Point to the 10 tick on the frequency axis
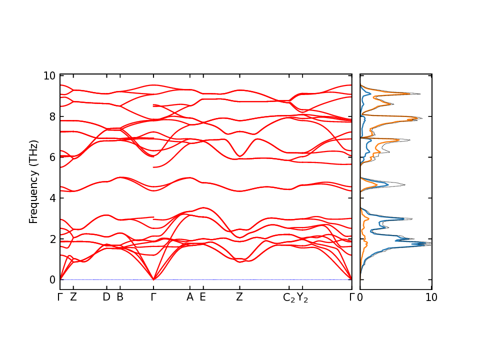(x=49, y=76)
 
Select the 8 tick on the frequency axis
(x=52, y=116)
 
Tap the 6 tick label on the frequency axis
(x=52, y=157)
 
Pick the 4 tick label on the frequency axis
(x=52, y=198)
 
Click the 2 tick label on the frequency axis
(x=52, y=239)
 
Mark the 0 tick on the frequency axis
(x=52, y=279)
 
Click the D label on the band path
(x=106, y=297)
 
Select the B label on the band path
(x=120, y=297)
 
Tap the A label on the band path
(x=189, y=297)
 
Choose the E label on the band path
(x=203, y=297)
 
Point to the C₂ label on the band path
(x=288, y=297)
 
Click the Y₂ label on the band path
(x=302, y=297)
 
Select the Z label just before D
(x=73, y=297)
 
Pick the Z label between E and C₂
(x=239, y=297)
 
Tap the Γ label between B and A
(x=153, y=297)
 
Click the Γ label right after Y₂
(x=351, y=297)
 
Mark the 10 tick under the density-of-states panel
(x=431, y=297)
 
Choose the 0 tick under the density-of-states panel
(x=360, y=297)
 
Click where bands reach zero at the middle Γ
(x=153, y=279)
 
